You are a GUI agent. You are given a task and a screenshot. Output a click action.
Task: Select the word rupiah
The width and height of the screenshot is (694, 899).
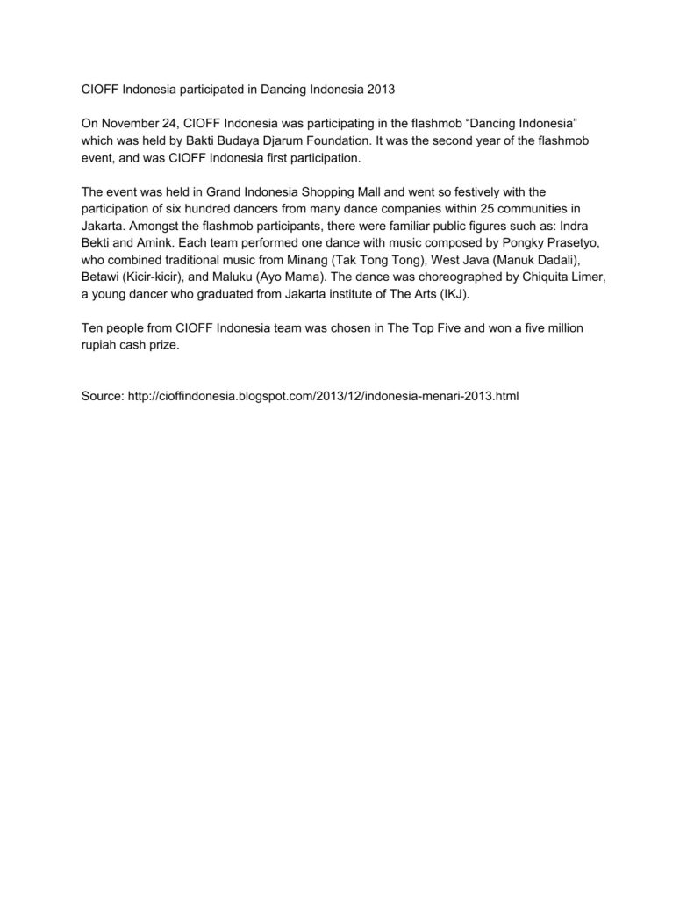click(x=100, y=343)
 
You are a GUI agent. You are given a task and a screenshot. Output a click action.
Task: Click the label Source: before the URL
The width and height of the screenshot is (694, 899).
click(x=102, y=396)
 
